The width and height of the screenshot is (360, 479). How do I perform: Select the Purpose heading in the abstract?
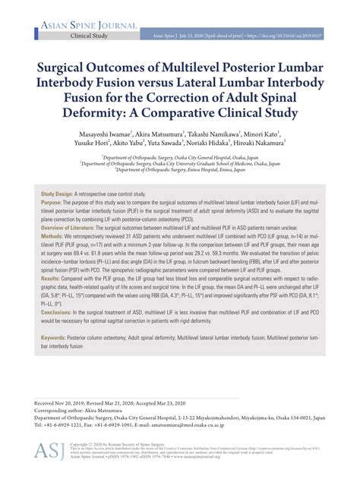(x=52, y=203)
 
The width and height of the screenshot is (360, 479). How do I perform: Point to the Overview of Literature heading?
(x=74, y=228)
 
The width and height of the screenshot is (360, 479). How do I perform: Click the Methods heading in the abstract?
(x=52, y=237)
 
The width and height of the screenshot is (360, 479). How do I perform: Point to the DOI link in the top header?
(x=295, y=36)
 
